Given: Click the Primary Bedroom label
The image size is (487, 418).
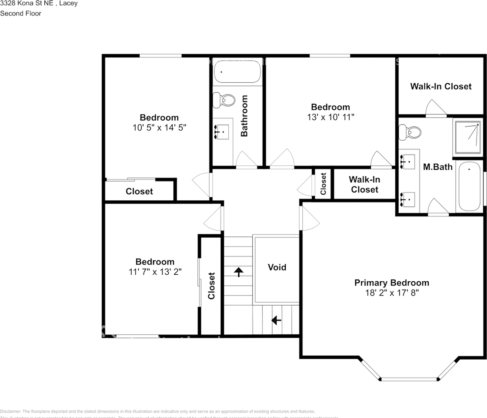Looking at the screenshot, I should coord(391,283).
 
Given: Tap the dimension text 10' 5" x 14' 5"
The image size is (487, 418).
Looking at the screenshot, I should coord(159,128).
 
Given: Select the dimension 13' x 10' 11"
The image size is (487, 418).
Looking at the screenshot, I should coord(330,117).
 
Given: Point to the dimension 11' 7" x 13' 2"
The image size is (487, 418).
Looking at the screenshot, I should coord(155,272).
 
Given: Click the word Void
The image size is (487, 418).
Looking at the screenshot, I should coord(277,267).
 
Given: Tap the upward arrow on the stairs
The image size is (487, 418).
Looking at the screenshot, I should coord(238,272).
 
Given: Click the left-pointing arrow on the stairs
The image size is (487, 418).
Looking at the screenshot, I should coord(276,320).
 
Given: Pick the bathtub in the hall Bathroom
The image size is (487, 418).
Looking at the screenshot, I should coord(237,71).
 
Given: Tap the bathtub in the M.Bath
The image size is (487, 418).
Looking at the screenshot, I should coord(470,186).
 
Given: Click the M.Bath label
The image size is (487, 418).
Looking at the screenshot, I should coord(438,167).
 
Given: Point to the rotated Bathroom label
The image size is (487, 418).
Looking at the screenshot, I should coord(244,116).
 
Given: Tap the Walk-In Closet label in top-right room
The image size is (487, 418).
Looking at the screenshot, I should coord(440,86).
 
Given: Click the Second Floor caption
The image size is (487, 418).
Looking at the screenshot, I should coord(20,13).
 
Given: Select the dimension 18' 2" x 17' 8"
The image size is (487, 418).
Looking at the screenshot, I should coord(391,293).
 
